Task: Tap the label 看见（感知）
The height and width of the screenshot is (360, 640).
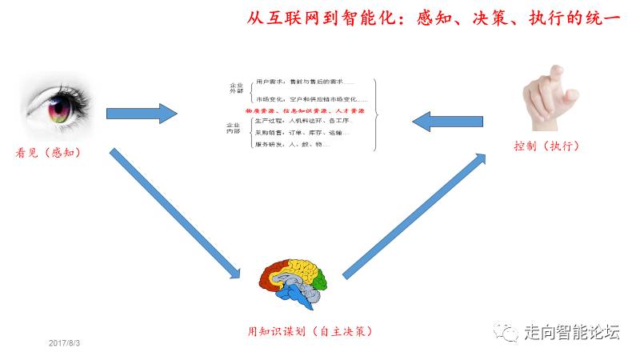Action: [50, 152]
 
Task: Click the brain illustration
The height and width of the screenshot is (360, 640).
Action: [294, 280]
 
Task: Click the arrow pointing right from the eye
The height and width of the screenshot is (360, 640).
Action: [141, 114]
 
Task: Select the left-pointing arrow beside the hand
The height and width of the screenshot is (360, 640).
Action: [443, 120]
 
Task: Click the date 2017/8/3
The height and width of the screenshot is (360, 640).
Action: [65, 343]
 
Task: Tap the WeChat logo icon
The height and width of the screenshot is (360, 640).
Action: [507, 330]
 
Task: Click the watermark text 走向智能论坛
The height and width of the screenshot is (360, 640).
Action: [571, 331]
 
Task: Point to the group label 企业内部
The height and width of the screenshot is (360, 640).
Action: [234, 130]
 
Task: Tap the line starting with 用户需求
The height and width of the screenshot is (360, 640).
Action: [304, 82]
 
